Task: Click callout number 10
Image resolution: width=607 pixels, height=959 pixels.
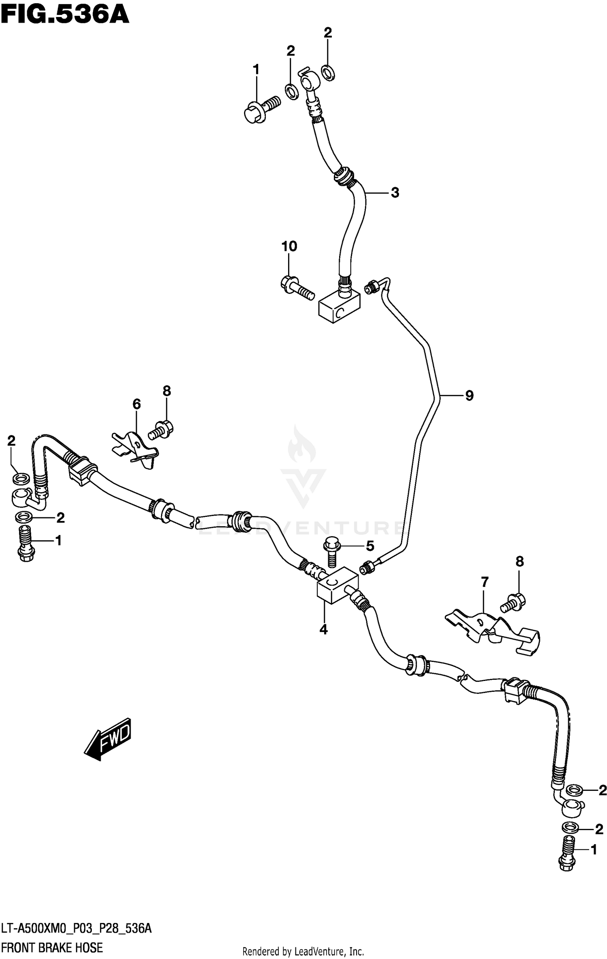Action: (x=289, y=246)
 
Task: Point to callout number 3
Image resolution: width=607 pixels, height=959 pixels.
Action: (x=395, y=193)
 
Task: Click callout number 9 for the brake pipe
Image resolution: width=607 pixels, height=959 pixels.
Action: (x=469, y=395)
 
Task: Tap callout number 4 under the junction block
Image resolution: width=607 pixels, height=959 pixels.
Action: (x=323, y=629)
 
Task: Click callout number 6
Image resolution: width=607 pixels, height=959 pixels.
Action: (x=136, y=404)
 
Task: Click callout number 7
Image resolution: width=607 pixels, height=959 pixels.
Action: (x=485, y=582)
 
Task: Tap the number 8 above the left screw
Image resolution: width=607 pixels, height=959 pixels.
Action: (x=167, y=391)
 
